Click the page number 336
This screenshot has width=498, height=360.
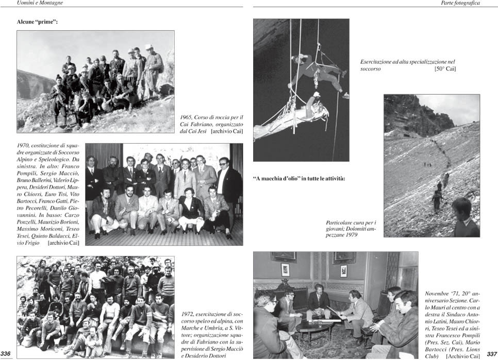pyautogui.click(x=6, y=353)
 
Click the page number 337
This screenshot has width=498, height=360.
pyautogui.click(x=491, y=354)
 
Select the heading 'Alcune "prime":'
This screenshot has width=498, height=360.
pyautogui.click(x=37, y=23)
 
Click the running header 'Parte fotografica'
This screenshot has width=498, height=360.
pyautogui.click(x=460, y=3)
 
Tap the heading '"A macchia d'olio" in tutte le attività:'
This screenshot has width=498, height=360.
pyautogui.click(x=298, y=179)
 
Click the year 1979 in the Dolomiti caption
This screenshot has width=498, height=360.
pyautogui.click(x=349, y=235)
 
